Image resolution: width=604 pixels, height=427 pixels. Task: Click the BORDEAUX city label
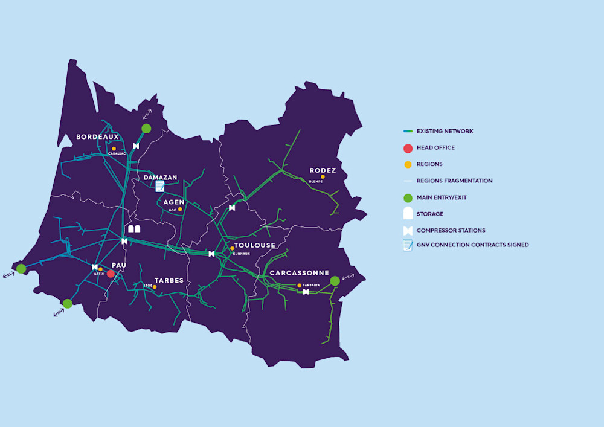(x=97, y=137)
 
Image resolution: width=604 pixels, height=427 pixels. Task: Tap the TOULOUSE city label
(x=254, y=245)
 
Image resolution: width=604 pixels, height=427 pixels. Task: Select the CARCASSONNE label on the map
(x=300, y=273)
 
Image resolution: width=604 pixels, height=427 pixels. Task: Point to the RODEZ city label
(x=323, y=170)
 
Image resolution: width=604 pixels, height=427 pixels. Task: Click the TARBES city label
(x=169, y=280)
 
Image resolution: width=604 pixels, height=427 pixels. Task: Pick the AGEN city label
(x=174, y=202)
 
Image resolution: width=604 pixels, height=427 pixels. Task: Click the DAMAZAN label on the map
(x=161, y=178)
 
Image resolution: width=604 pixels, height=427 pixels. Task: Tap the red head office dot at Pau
(x=111, y=274)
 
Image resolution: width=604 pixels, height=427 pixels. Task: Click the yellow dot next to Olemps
(x=323, y=177)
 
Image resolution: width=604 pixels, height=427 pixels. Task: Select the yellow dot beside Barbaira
(x=299, y=285)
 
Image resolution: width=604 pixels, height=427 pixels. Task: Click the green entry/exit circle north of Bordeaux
(x=146, y=128)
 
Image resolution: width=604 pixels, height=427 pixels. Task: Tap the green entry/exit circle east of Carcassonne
(x=335, y=281)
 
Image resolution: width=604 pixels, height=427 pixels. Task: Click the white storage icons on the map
(x=134, y=229)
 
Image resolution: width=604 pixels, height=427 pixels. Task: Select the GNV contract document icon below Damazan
(x=160, y=186)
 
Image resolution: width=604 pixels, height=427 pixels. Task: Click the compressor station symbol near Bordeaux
(x=136, y=146)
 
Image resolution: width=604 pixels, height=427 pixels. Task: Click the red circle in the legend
(x=408, y=148)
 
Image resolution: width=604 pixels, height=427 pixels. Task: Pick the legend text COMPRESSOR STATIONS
(x=451, y=230)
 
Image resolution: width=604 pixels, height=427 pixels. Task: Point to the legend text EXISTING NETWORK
(x=445, y=131)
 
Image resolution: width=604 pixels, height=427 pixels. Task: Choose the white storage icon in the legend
(x=408, y=213)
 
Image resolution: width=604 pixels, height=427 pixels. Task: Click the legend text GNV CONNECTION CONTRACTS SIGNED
(x=472, y=245)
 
